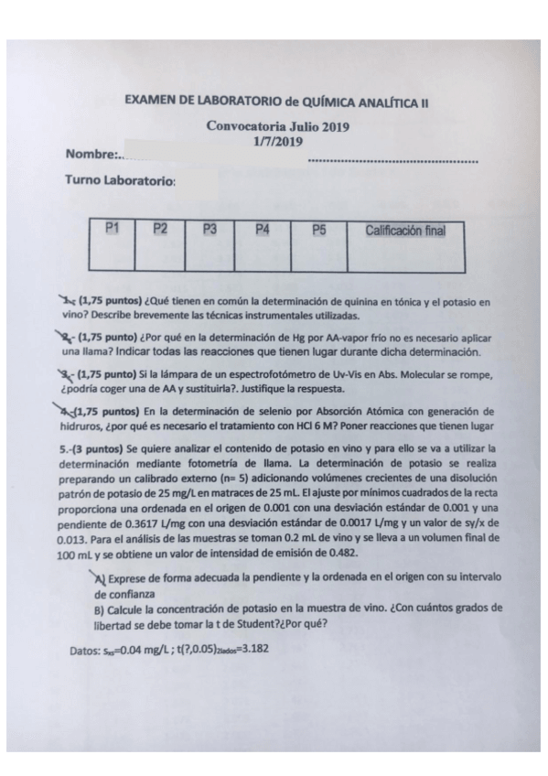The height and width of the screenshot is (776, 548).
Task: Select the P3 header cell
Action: coord(210,231)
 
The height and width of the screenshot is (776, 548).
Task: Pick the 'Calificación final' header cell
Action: coord(404,232)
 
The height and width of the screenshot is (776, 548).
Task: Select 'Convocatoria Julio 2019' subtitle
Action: coord(278,129)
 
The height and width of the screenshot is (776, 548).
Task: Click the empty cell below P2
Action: coord(160,256)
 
